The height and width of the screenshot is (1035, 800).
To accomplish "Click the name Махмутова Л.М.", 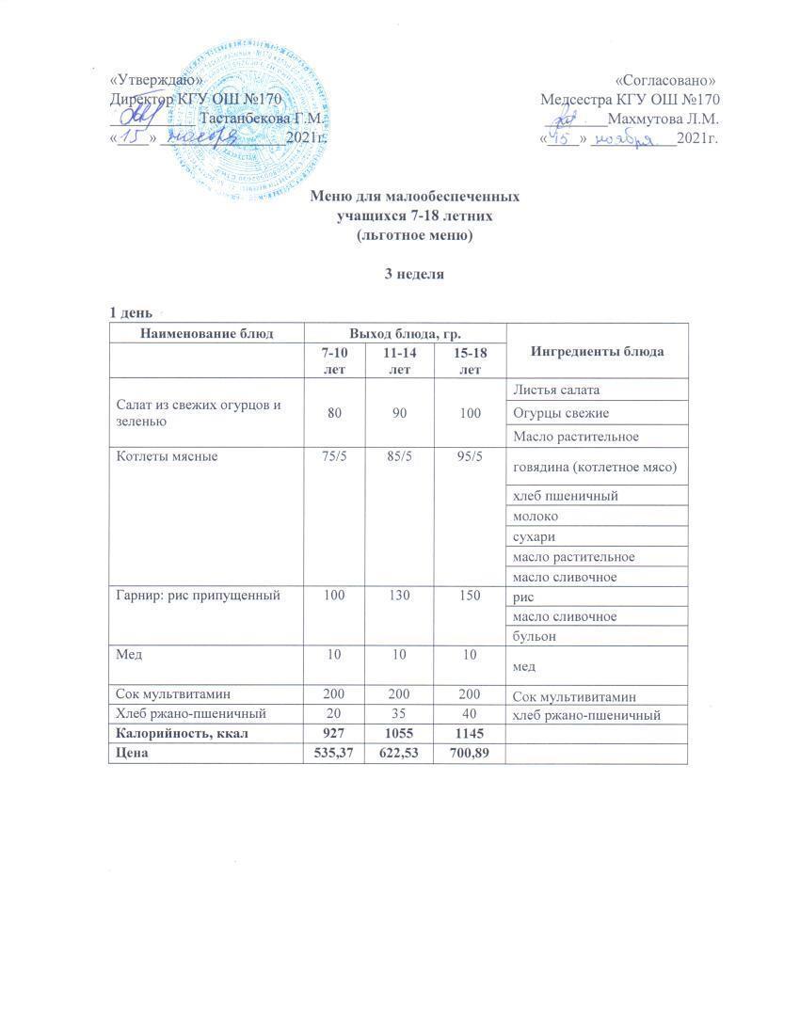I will (x=664, y=119).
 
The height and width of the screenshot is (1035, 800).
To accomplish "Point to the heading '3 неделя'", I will (x=405, y=275).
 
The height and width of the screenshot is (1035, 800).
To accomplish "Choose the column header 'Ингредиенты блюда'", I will (x=598, y=351).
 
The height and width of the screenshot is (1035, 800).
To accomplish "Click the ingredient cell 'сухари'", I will (x=533, y=537).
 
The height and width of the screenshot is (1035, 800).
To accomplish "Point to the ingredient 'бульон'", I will (x=534, y=636).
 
